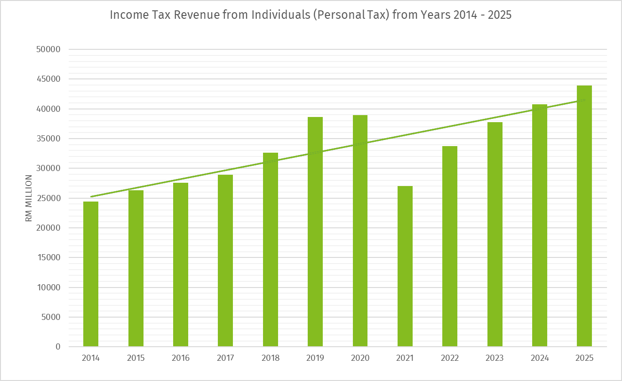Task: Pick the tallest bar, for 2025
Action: pyautogui.click(x=584, y=216)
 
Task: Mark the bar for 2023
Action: pyautogui.click(x=495, y=234)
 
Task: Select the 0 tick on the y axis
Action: pyautogui.click(x=58, y=347)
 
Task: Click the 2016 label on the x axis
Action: pyautogui.click(x=181, y=358)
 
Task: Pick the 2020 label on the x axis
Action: pyautogui.click(x=360, y=358)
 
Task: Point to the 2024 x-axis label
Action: pyautogui.click(x=540, y=358)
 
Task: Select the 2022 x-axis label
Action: pyautogui.click(x=450, y=358)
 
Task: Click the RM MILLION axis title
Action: pyautogui.click(x=29, y=198)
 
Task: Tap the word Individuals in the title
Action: pyautogui.click(x=278, y=15)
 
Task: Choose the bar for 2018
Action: pyautogui.click(x=271, y=249)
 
